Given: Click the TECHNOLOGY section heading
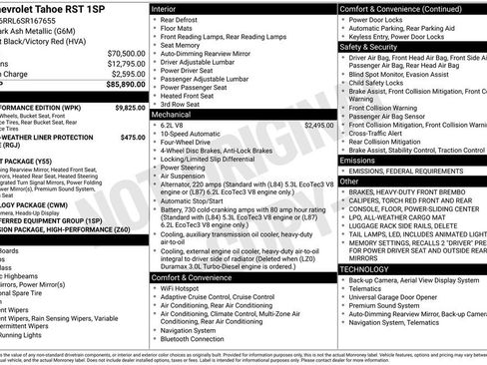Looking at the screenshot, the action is [x=365, y=269].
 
